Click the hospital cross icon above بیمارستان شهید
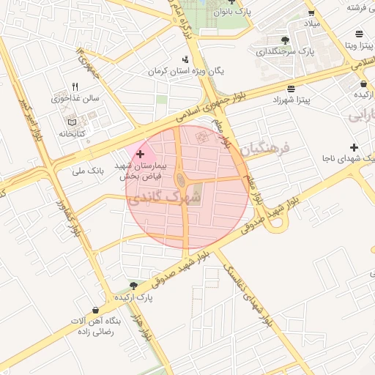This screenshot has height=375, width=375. click(140, 155)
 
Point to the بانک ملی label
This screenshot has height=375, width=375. click(88, 172)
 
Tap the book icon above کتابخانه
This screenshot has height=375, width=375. click(71, 121)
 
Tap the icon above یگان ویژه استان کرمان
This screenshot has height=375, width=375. click(185, 59)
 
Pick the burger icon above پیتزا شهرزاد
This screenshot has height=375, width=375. click(292, 86)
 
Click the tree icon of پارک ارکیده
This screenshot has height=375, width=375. click(133, 285)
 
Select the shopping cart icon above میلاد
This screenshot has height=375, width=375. click(311, 12)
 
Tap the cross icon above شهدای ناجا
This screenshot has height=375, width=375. click(354, 147)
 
